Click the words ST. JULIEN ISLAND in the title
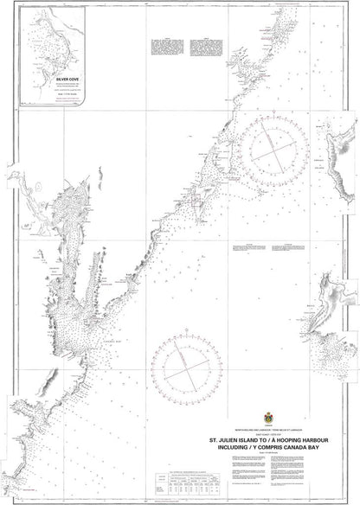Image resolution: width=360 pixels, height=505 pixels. pos(235,438)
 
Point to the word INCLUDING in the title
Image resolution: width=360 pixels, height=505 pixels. pos(226,448)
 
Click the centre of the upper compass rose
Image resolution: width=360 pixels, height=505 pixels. pos(280,147)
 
